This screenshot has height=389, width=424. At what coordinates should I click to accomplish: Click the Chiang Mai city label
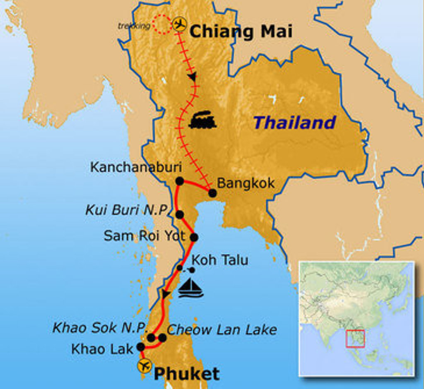[241, 32]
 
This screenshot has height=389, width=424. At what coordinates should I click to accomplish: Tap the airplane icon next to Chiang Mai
[179, 25]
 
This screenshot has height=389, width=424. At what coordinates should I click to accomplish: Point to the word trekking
[134, 26]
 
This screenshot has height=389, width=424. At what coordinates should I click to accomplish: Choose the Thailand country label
[294, 122]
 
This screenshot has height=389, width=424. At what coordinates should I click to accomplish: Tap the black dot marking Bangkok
[212, 193]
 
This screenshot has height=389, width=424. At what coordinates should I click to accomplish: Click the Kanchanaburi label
[136, 167]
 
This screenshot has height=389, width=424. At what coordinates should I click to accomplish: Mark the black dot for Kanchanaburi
[179, 181]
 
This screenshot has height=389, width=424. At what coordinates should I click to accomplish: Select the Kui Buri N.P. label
[128, 210]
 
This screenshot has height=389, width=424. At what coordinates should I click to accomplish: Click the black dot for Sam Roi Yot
[194, 237]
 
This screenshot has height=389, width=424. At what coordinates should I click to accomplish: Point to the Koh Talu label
[220, 260]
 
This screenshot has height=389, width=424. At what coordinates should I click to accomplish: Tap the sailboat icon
[190, 288]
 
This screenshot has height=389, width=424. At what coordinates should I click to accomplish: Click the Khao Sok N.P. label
[100, 328]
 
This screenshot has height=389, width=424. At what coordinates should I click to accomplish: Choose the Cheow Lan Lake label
[222, 329]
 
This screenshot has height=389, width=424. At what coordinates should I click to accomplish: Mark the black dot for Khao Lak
[141, 347]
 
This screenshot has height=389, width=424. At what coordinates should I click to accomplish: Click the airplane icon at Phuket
[145, 366]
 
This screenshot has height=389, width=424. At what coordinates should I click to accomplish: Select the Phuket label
[186, 374]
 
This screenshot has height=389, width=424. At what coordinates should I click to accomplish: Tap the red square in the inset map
[355, 339]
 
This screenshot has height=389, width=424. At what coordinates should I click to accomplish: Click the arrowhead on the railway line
[192, 77]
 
